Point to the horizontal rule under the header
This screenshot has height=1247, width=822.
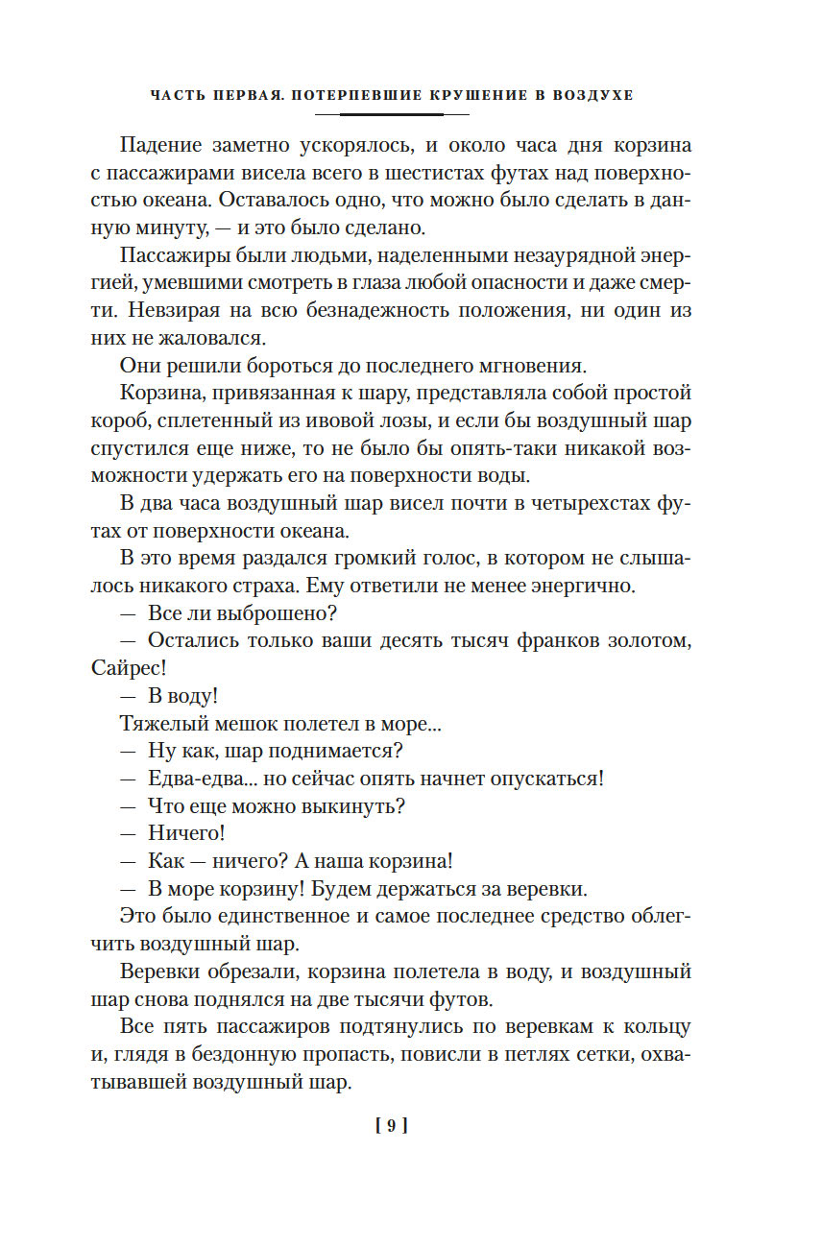coord(391,115)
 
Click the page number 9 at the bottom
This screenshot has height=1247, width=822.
coord(391,1125)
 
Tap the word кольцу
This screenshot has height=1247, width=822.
coord(658,1026)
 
